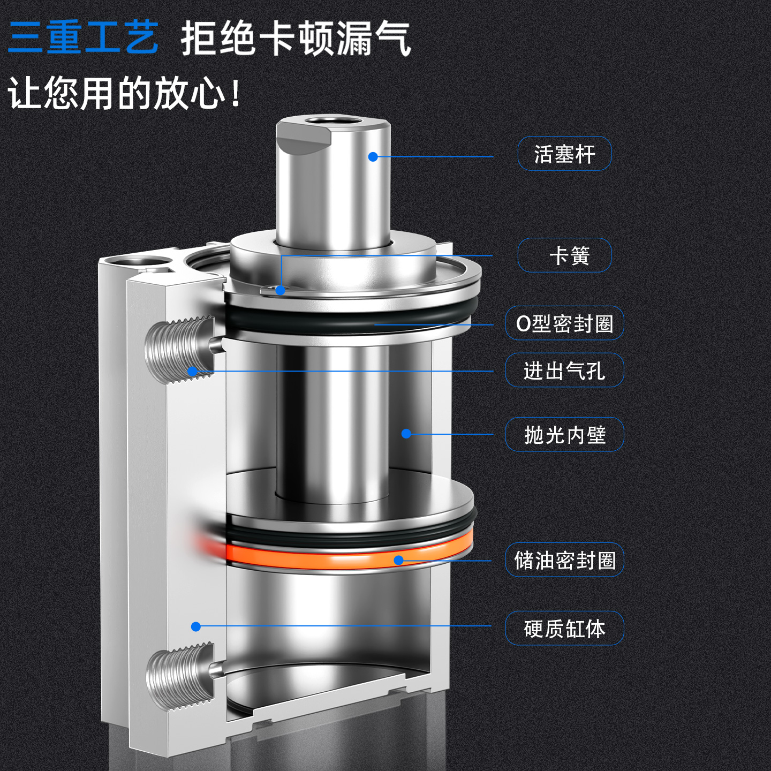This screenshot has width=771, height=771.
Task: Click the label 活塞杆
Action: click(x=564, y=154)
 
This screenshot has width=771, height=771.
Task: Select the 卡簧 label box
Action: click(x=564, y=255)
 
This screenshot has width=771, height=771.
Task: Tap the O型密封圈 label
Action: click(x=564, y=323)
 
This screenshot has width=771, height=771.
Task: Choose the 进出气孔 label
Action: click(x=564, y=371)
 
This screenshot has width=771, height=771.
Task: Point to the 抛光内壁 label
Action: click(x=564, y=435)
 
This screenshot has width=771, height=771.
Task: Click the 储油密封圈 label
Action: click(x=564, y=561)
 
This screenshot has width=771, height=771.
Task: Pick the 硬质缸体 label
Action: click(x=564, y=629)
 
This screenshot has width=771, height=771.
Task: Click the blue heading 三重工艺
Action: click(x=84, y=37)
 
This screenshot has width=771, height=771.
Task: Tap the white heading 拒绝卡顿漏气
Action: click(x=296, y=39)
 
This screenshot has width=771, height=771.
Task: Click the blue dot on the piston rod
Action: click(x=373, y=156)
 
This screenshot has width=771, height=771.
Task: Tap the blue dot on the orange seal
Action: click(x=398, y=560)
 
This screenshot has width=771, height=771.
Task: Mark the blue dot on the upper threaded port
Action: click(x=192, y=371)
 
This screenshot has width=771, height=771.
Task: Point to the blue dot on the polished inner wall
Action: click(x=406, y=434)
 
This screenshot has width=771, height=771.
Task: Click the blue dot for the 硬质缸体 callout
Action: click(x=196, y=626)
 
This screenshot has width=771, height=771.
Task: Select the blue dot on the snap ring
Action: click(x=280, y=290)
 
